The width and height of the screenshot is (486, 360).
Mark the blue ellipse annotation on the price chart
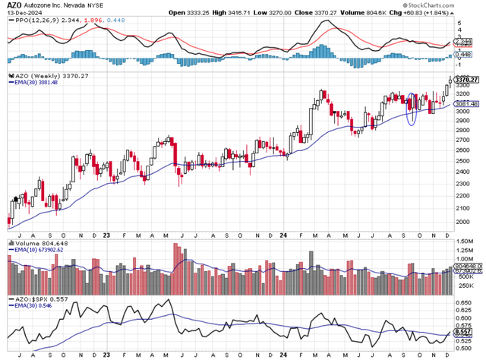pos(412,109)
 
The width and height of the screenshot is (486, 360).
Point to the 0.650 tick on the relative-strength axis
pos(464,301)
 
